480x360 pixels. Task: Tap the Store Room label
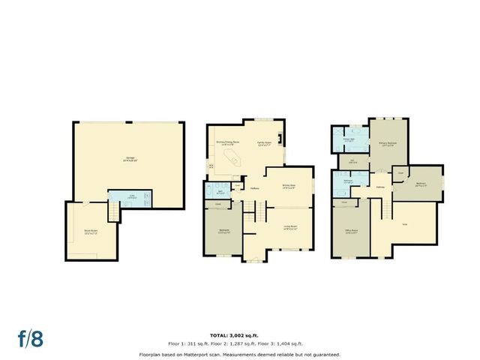pos(90,233)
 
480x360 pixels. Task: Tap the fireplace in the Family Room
pos(280,138)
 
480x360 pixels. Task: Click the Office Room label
pos(350,232)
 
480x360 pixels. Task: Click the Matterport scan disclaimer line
pos(240,354)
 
